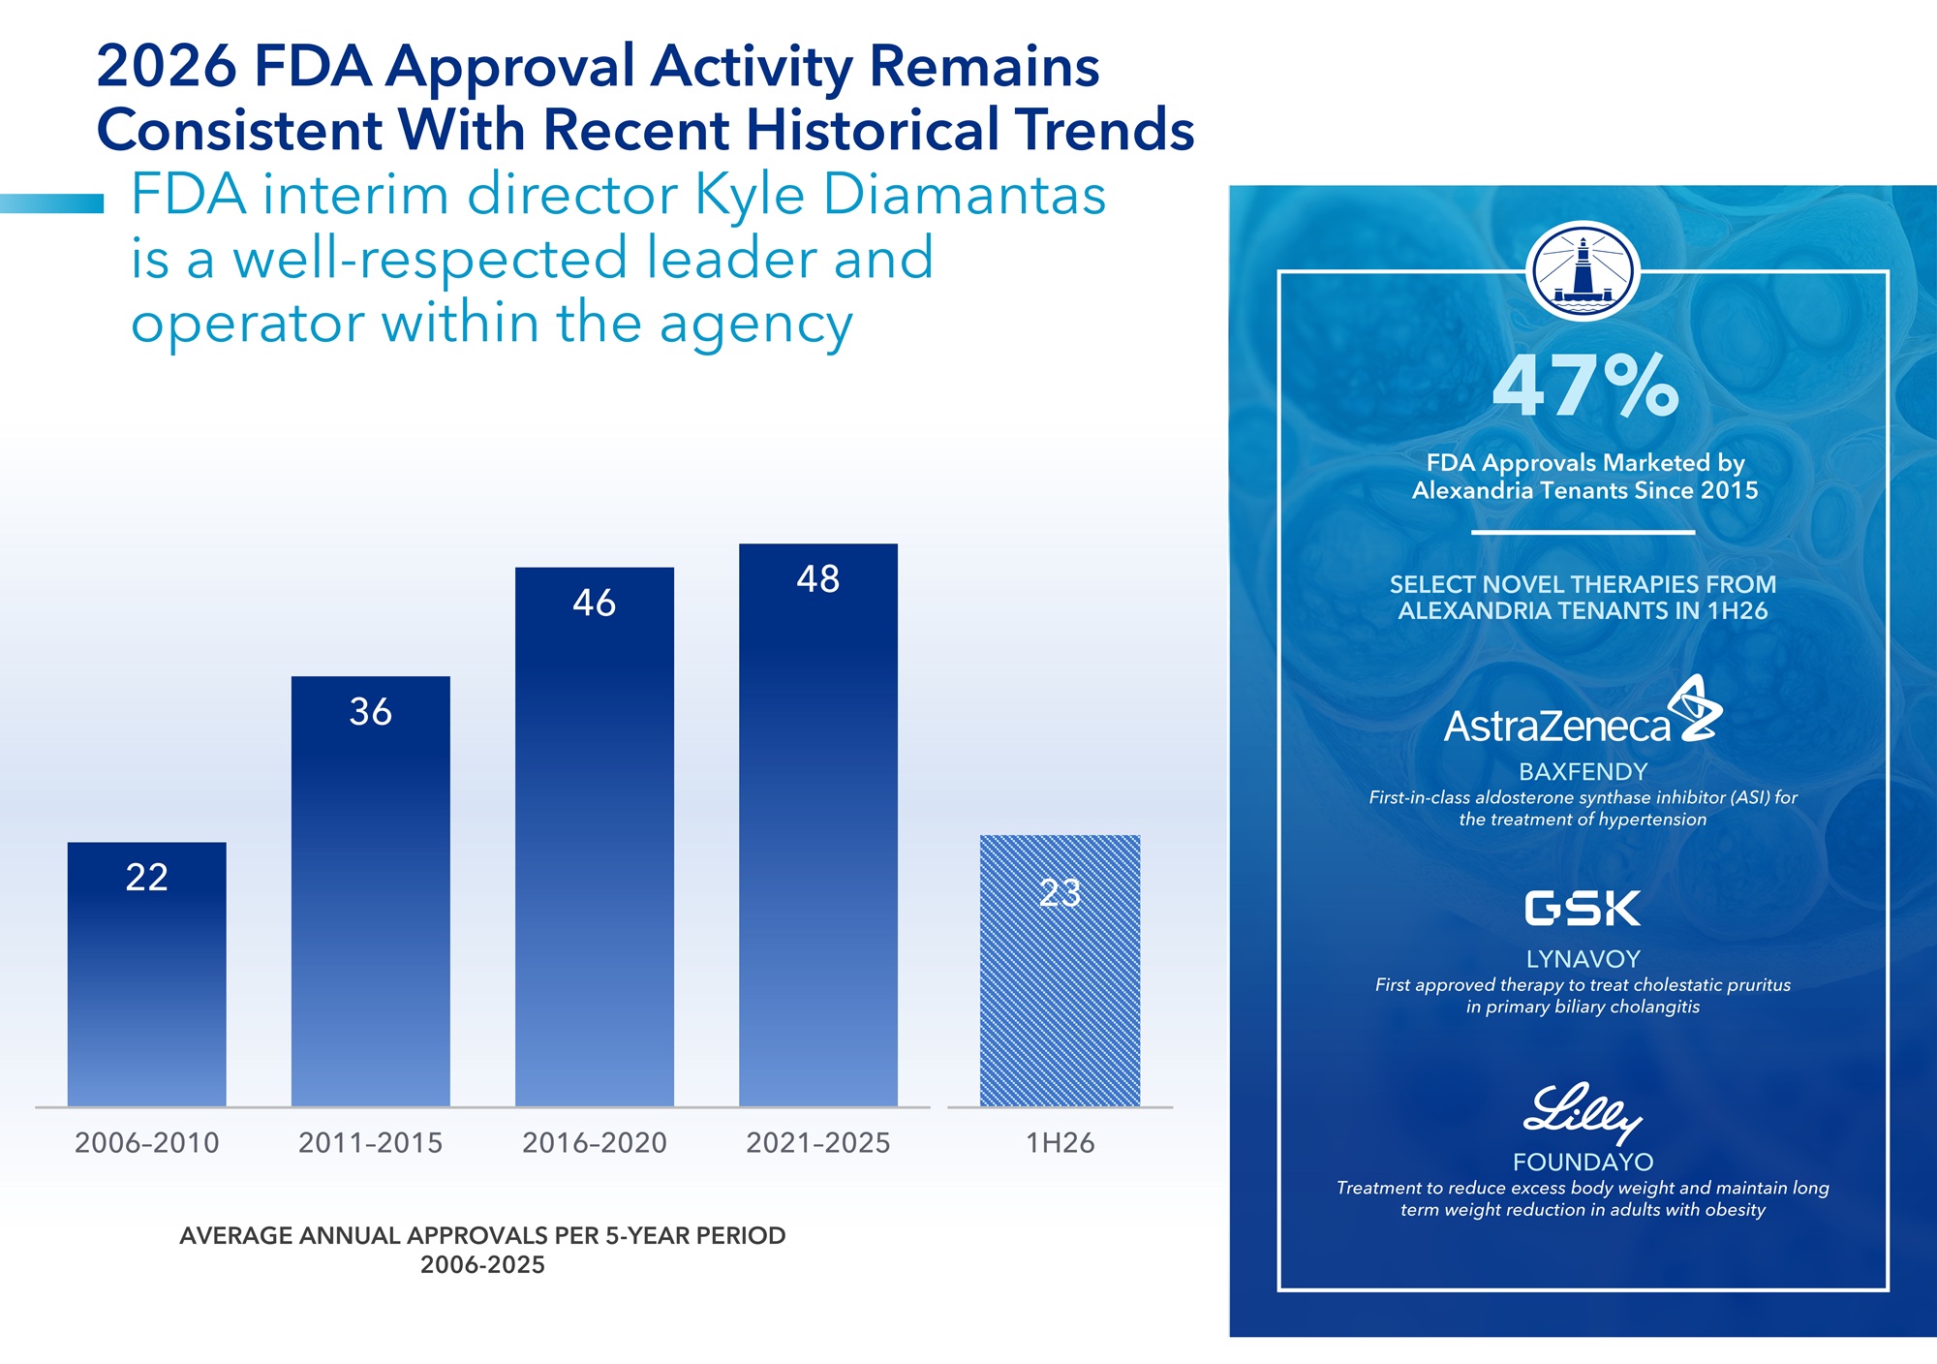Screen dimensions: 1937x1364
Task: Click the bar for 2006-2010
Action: coord(146,974)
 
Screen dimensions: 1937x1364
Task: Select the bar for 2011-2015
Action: coord(371,891)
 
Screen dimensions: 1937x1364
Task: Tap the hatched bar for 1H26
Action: coord(1060,971)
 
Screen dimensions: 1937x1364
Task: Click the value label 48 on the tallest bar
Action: coord(818,578)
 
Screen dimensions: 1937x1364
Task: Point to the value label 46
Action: coord(594,603)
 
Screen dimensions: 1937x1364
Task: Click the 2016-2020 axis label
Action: coord(594,1143)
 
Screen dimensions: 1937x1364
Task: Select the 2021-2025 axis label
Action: coord(818,1143)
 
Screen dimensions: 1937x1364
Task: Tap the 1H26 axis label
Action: coord(1060,1143)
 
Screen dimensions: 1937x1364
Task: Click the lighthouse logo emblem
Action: coord(1583,271)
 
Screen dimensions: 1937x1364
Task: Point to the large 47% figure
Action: coord(1585,387)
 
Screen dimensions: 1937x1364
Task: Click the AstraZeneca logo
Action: coord(1583,711)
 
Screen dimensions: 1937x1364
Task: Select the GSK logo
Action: coord(1583,909)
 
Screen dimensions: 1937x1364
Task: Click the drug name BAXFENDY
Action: coord(1583,772)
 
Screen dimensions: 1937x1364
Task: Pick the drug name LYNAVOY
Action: coord(1583,959)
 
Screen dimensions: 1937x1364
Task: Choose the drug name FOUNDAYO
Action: coord(1583,1162)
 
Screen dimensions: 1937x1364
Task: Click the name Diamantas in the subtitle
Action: coord(964,195)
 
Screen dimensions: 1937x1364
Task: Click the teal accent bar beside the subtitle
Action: coord(51,203)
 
